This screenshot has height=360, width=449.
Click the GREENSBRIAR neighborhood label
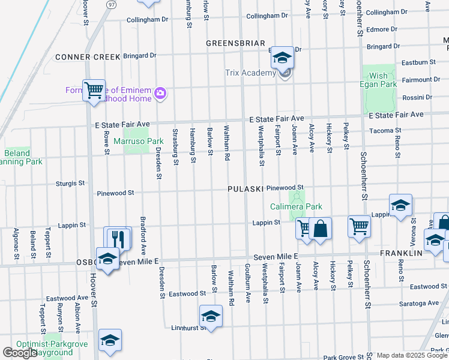click(235, 43)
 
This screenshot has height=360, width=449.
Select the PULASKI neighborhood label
click(246, 189)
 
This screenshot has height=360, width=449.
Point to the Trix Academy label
click(250, 73)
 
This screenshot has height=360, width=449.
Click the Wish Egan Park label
click(379, 80)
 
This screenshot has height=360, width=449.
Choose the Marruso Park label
click(139, 141)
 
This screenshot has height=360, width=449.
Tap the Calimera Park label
click(296, 206)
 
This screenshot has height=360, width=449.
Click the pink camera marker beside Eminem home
click(160, 93)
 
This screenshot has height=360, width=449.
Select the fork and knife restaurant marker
click(118, 238)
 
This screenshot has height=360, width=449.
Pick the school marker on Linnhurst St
click(211, 316)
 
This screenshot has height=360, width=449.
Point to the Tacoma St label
click(385, 130)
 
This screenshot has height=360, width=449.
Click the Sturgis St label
click(70, 183)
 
